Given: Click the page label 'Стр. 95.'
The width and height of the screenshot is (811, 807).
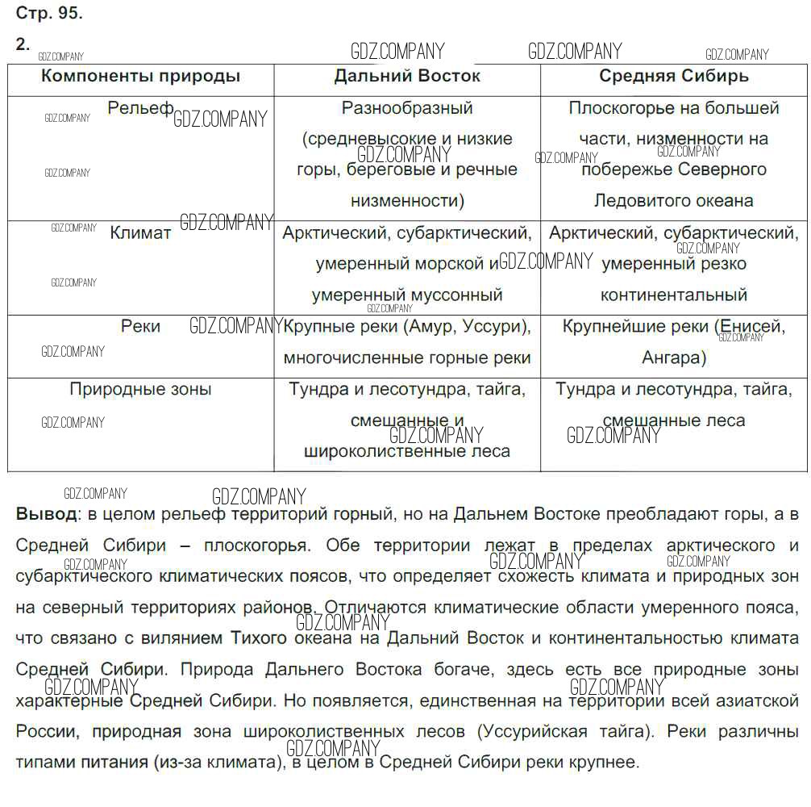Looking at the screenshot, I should (x=49, y=14).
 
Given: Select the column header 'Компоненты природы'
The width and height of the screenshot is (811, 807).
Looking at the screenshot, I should (x=140, y=77).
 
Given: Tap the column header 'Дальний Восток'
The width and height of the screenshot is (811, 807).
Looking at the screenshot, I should (x=407, y=77).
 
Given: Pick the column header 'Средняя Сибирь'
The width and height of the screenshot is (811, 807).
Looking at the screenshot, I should (x=674, y=77).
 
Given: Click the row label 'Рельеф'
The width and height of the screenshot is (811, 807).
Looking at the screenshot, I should (x=140, y=108).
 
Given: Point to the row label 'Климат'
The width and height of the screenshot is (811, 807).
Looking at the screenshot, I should (x=140, y=233).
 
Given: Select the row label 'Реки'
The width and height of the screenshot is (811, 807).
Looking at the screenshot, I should (x=140, y=326).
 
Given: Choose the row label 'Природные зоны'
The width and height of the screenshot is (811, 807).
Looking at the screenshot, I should (x=140, y=389).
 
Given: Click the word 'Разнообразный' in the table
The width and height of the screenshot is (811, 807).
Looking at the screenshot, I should (x=407, y=108).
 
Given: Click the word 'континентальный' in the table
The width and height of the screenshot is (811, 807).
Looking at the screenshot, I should (x=674, y=295).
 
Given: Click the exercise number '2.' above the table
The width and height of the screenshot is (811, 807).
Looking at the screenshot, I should (x=23, y=44).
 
